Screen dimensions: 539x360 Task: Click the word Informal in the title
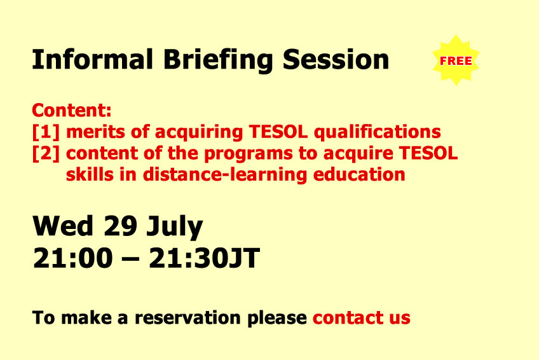coord(92,60)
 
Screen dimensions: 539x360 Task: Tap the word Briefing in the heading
coord(218,61)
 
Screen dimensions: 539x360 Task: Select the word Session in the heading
coord(336,60)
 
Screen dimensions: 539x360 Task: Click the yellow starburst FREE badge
coord(456,60)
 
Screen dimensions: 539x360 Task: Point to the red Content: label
coord(71,110)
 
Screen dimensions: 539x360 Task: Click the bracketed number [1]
coord(46,132)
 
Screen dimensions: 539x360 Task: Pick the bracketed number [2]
coord(46,153)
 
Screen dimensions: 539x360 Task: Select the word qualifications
coord(378,133)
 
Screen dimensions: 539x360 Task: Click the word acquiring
coord(199,133)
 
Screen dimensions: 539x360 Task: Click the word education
coord(359,174)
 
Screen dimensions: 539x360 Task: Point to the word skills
coord(90,174)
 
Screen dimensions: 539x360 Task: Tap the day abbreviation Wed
coord(63,226)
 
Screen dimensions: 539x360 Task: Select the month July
coord(175,228)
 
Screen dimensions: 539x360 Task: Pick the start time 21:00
coord(72,258)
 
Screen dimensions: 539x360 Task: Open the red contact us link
coord(361,318)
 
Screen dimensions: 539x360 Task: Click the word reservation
coord(188,318)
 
